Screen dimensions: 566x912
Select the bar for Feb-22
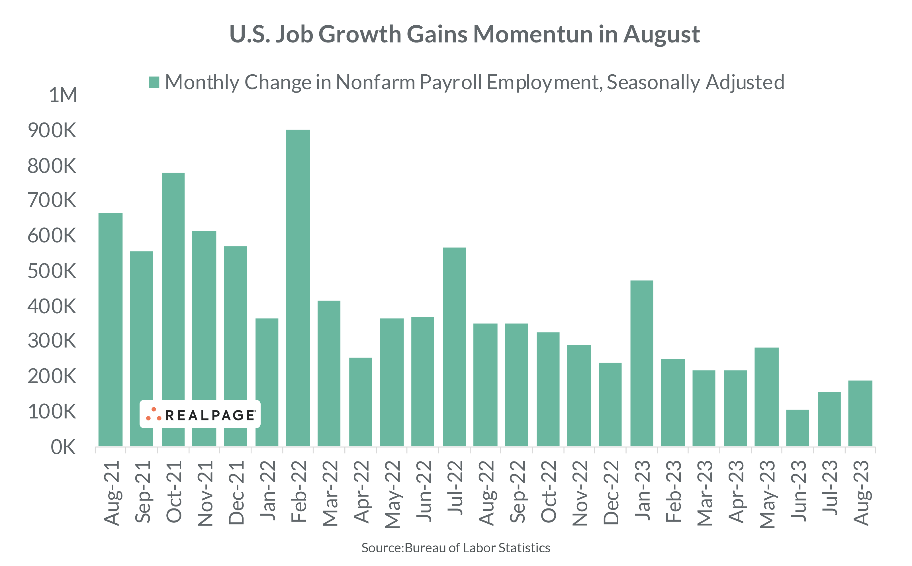point(298,288)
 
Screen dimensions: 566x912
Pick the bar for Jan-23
point(642,363)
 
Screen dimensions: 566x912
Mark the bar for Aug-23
point(860,413)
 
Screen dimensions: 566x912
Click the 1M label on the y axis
point(63,95)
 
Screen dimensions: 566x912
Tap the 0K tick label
point(63,447)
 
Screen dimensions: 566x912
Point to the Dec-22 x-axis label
point(611,492)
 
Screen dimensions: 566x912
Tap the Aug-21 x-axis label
point(111,493)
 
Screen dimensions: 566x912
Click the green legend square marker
point(154,82)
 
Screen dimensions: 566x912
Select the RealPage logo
point(200,414)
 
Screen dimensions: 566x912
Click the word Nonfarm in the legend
point(375,82)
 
